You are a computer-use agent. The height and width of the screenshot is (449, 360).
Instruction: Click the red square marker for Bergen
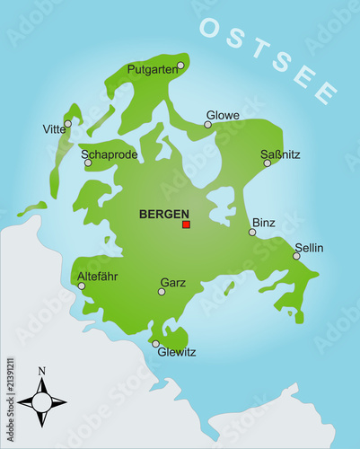pyautogui.click(x=186, y=224)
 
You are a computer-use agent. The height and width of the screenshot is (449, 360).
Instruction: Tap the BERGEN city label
pyautogui.click(x=164, y=215)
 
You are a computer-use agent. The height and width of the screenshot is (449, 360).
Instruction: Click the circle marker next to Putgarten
pyautogui.click(x=180, y=66)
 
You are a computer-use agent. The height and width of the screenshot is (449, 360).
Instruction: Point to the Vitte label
pyautogui.click(x=55, y=129)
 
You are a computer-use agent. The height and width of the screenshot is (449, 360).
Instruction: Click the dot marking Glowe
pyautogui.click(x=207, y=125)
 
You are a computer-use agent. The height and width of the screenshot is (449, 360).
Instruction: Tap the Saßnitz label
pyautogui.click(x=279, y=154)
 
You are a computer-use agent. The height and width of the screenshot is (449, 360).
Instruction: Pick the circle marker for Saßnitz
pyautogui.click(x=267, y=163)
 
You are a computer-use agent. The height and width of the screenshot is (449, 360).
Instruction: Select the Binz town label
pyautogui.click(x=264, y=222)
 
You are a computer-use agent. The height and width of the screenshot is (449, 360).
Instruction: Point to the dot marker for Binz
pyautogui.click(x=252, y=232)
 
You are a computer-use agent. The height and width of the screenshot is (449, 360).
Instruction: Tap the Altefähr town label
pyautogui.click(x=98, y=277)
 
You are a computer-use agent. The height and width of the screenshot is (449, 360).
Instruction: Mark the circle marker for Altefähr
pyautogui.click(x=82, y=286)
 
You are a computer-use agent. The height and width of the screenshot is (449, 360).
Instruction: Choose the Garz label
pyautogui.click(x=172, y=282)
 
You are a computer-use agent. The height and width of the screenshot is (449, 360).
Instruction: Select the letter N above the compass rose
pyautogui.click(x=41, y=370)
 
